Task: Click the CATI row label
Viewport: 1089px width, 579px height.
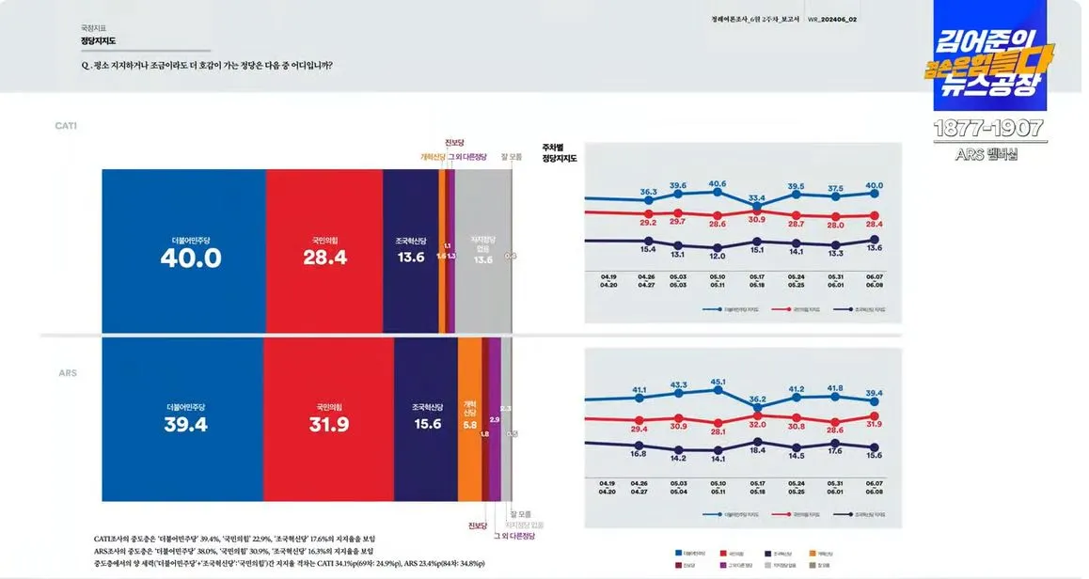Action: pos(66,126)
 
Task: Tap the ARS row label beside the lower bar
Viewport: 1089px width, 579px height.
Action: pos(68,373)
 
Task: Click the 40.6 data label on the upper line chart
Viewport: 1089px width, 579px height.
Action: pos(718,183)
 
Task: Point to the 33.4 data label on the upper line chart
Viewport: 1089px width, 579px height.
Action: pos(757,197)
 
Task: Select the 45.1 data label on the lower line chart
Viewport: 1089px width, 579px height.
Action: pos(718,382)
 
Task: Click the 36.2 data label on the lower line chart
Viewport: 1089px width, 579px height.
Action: pos(757,399)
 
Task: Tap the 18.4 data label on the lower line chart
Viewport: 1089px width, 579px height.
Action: pos(757,451)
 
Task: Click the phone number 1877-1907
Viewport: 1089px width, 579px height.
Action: pos(988,129)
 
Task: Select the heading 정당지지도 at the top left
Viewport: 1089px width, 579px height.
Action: pos(98,41)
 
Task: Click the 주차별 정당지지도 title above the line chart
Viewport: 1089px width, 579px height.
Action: pos(560,153)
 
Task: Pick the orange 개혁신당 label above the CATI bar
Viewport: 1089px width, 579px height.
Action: pos(432,157)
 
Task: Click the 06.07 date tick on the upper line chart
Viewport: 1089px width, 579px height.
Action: pos(875,276)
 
